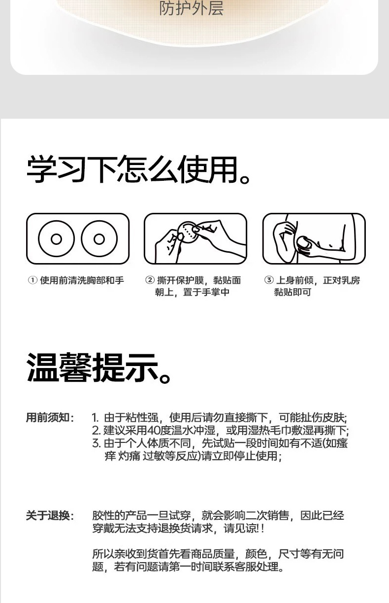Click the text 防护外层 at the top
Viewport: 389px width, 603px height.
coord(191,8)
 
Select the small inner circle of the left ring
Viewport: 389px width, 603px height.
coord(56,239)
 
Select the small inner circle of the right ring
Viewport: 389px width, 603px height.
coord(99,239)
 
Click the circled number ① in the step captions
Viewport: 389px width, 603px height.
coord(32,280)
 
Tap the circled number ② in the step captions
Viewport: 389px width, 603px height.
coord(150,280)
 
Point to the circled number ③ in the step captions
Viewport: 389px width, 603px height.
coord(268,280)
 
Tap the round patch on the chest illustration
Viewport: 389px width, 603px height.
coord(303,245)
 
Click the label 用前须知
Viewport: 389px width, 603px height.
coord(48,418)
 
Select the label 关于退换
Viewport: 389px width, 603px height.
coord(48,516)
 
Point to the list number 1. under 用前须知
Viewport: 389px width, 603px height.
coord(96,418)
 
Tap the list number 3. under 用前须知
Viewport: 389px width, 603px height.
coord(96,443)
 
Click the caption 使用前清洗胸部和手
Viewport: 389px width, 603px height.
coord(82,280)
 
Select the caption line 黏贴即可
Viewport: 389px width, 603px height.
coord(292,292)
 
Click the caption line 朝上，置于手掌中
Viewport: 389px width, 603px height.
coord(192,292)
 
